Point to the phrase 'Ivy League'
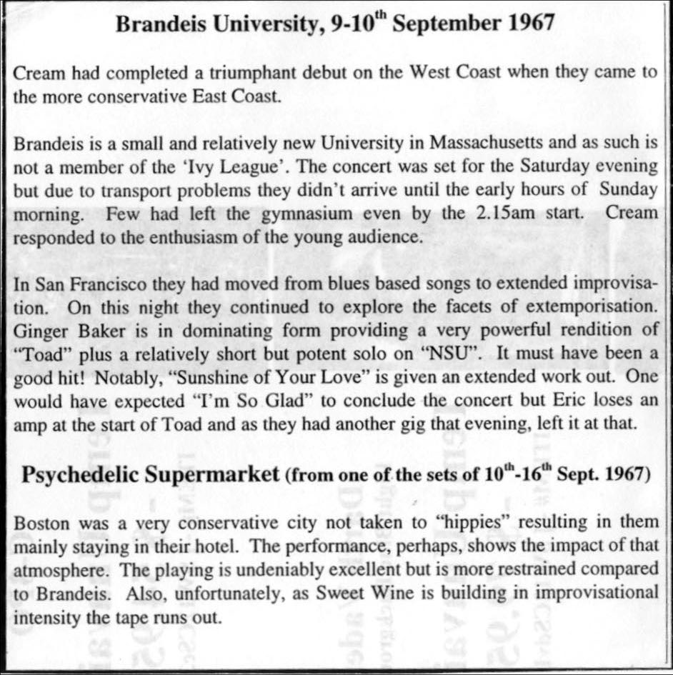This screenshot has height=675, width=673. tap(250, 167)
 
